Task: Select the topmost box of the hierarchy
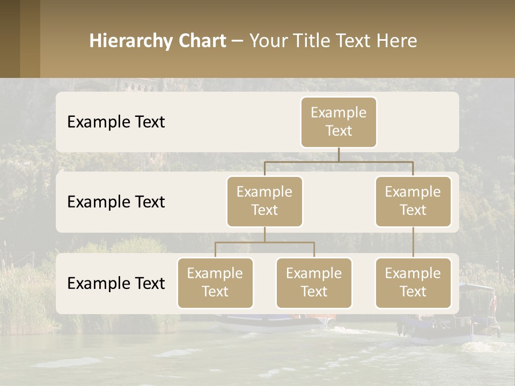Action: click(339, 122)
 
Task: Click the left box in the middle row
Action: click(264, 201)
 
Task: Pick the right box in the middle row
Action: click(413, 201)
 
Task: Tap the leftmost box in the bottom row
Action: click(215, 283)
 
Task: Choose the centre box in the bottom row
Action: click(314, 283)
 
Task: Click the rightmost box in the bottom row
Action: click(413, 283)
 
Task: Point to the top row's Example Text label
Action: click(116, 122)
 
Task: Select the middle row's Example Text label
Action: click(116, 202)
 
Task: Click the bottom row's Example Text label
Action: click(116, 283)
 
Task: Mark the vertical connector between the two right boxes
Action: click(413, 242)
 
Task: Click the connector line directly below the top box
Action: click(339, 154)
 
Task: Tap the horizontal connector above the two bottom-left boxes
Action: click(264, 242)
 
